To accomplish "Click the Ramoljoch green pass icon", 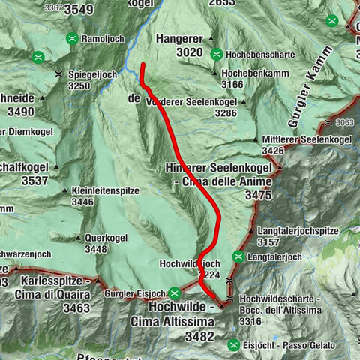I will (x=71, y=38).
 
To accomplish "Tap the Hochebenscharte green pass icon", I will (x=216, y=53).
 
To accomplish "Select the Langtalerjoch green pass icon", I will (x=238, y=256).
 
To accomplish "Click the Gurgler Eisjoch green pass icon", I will (x=174, y=292).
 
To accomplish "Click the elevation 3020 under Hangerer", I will (x=189, y=52).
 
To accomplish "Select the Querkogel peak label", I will (x=106, y=238).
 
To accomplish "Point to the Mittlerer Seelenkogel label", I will (x=307, y=139).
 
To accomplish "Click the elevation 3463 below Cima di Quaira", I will (x=66, y=307).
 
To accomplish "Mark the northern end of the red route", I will (x=142, y=65).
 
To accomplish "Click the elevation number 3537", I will (x=25, y=181).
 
